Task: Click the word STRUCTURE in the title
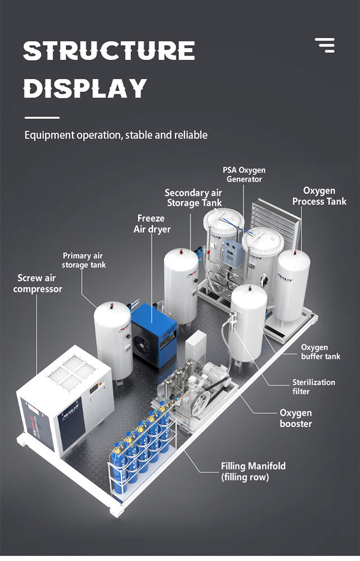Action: click(109, 51)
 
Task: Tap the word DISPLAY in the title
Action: click(85, 88)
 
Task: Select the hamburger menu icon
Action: click(325, 45)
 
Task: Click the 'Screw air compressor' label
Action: click(38, 283)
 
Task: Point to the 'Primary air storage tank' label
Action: click(84, 260)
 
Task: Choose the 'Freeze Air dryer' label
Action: click(151, 223)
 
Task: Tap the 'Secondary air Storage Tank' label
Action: click(193, 198)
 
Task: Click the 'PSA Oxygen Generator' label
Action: click(244, 175)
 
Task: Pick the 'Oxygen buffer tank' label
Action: click(321, 352)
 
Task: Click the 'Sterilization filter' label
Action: click(313, 386)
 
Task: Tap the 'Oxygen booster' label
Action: click(296, 418)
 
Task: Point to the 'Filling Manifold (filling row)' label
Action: click(253, 471)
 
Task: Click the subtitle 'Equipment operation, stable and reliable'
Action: click(116, 135)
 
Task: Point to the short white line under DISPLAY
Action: click(42, 117)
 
